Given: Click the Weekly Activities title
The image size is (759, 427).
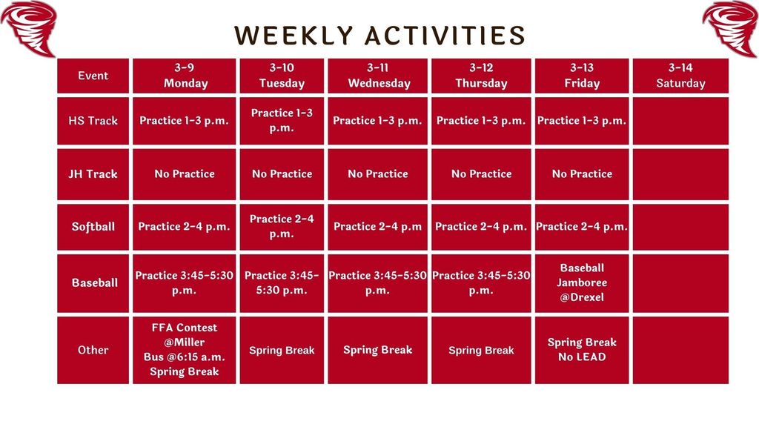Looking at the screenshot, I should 379,35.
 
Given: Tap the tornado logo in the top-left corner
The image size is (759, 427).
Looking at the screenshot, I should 30,27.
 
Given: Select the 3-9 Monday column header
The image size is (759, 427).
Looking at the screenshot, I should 185,76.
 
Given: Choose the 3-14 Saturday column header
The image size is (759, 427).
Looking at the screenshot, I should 680,76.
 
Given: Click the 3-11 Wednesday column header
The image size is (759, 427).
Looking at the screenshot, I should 378,76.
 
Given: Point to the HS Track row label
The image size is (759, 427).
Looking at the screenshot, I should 93,121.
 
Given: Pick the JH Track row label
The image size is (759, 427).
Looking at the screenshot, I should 93,174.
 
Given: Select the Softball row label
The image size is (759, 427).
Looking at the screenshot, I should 93,227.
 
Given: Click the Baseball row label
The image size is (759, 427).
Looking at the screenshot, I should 93,282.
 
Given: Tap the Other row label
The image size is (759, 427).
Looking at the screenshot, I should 93,350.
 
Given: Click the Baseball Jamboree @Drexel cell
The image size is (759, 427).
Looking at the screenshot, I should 582,282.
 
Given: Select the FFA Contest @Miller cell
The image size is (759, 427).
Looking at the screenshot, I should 185,350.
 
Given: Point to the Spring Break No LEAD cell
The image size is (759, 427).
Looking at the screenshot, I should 582,350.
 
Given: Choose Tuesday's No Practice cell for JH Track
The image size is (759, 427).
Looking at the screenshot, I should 282,174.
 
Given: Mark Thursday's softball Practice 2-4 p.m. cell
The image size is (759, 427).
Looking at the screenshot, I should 481,227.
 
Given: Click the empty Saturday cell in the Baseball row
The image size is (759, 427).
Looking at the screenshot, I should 680,282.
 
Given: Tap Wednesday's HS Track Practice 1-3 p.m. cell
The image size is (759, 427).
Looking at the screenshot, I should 378,121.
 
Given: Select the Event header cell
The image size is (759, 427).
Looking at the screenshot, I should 93,76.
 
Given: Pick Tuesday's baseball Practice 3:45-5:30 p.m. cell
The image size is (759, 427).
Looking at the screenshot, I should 282,282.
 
